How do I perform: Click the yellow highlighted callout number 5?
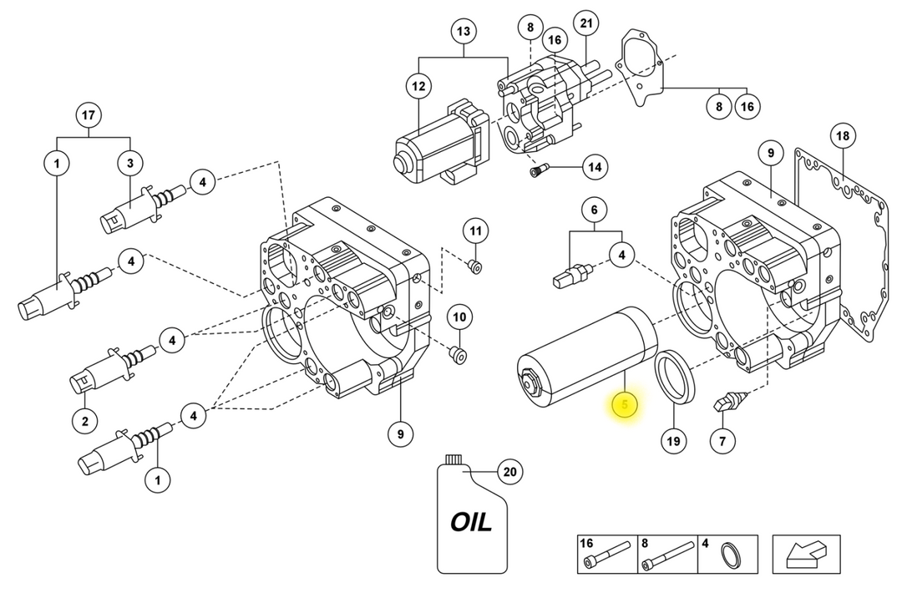[625, 405]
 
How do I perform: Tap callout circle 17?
[88, 115]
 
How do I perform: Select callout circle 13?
[464, 31]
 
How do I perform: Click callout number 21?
[586, 23]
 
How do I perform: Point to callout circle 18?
[843, 136]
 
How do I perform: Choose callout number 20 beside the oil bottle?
[509, 472]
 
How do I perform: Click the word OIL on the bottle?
[471, 523]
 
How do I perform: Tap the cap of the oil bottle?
[453, 459]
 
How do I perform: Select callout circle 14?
[595, 167]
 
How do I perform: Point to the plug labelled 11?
[474, 267]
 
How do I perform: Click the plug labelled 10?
[458, 354]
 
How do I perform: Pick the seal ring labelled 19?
[676, 376]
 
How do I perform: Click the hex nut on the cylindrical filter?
[530, 382]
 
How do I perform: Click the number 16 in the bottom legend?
[586, 543]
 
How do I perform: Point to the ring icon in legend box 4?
[732, 557]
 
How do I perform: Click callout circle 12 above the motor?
[418, 86]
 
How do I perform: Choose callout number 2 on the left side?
[85, 421]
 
